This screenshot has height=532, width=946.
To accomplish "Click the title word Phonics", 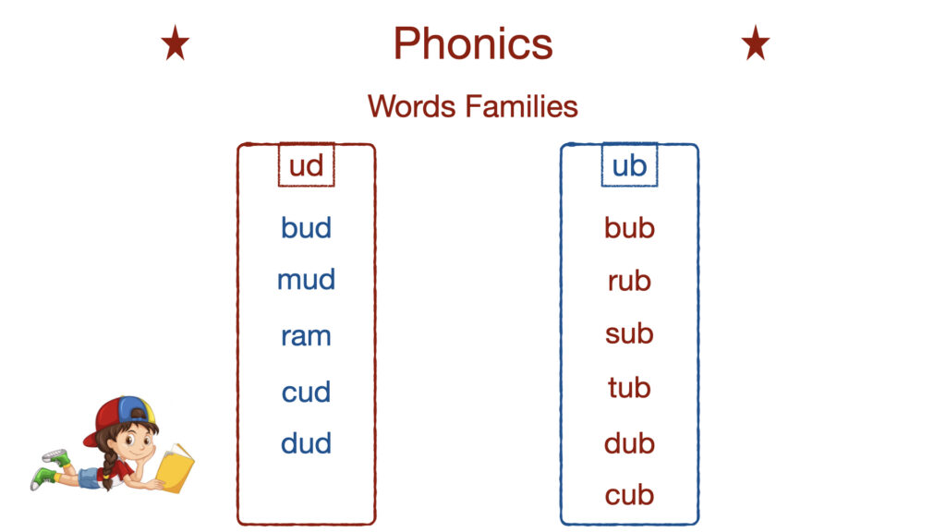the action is [473, 43].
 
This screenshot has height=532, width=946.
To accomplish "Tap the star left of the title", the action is [175, 42].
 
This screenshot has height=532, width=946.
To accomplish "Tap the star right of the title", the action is [756, 42].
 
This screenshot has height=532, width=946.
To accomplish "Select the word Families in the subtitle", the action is [522, 106].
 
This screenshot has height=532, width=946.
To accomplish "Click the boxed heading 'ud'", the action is [306, 165].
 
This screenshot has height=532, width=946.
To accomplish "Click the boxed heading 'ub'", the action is [629, 165].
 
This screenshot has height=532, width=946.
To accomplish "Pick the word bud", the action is [306, 227].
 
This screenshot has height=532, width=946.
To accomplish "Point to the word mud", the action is [306, 279].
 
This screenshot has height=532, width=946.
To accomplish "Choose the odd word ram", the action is [306, 336].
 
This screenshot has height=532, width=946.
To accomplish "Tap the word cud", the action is [306, 392].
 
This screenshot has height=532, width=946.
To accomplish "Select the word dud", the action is [306, 443].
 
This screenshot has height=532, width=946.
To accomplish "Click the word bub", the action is [629, 227].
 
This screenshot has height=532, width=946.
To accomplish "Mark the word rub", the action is [629, 281].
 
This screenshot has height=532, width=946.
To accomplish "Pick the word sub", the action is [629, 332].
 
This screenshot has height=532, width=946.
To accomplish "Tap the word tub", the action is [629, 387].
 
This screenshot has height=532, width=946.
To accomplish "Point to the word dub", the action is [629, 443].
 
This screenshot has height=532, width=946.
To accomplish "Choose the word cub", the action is [629, 495].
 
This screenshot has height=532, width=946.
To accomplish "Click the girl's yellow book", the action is [175, 468].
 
